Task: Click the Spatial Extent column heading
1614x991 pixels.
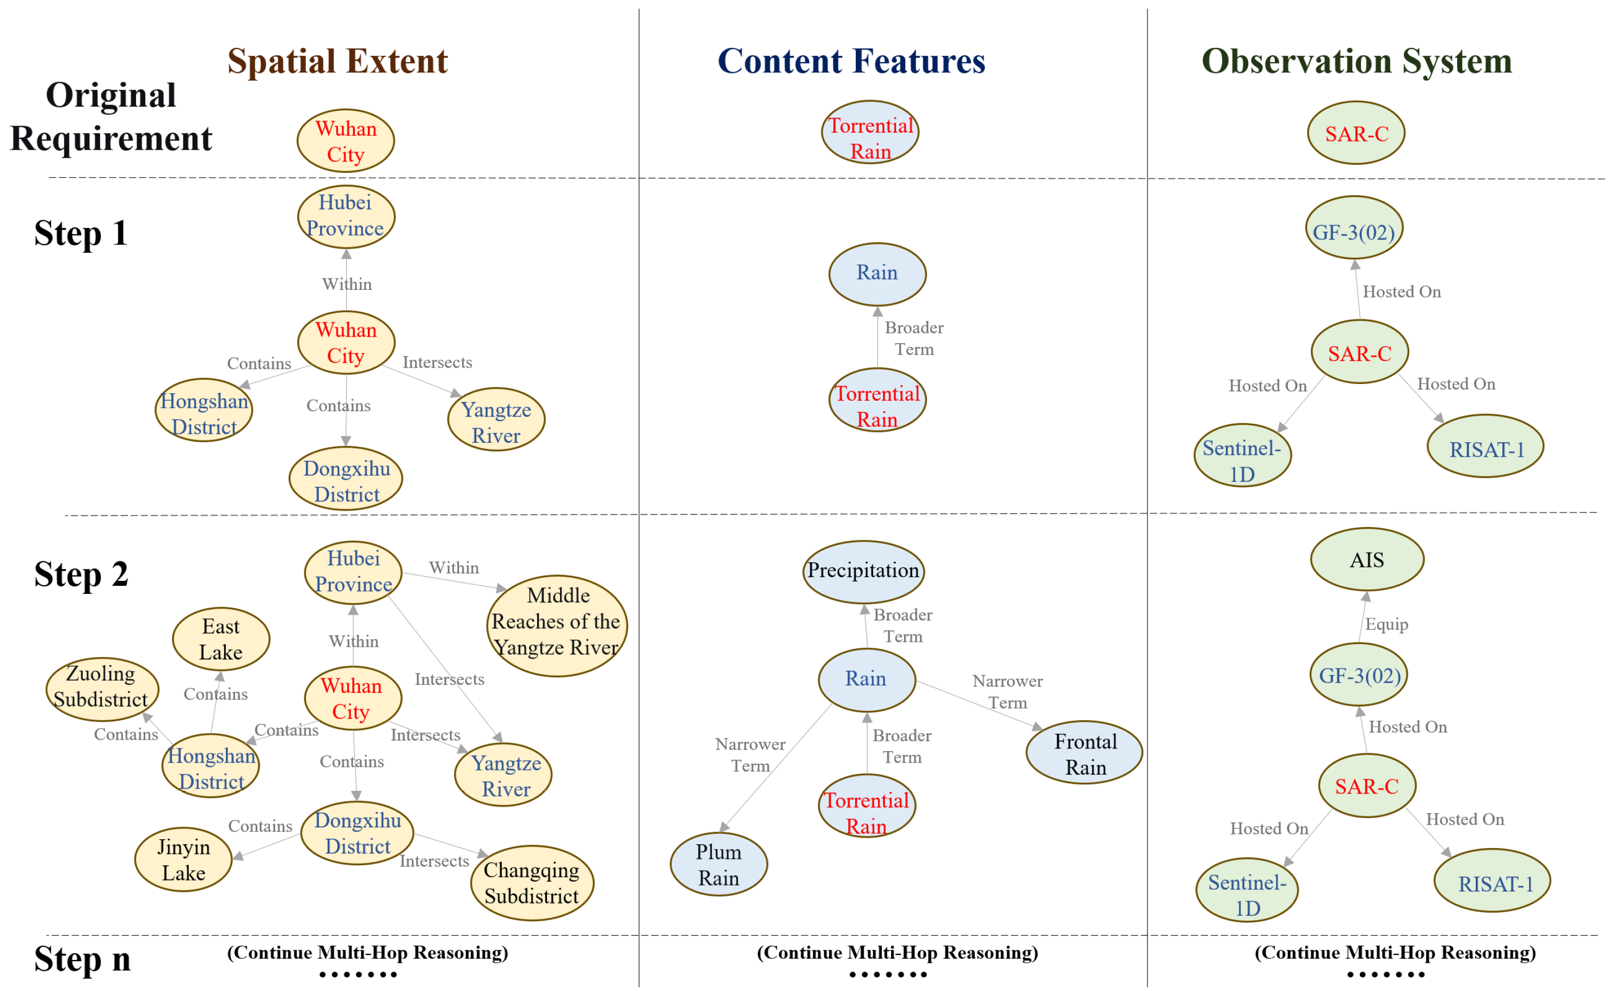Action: (x=337, y=61)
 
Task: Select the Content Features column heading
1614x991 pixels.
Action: (x=851, y=61)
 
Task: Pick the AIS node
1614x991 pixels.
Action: (x=1366, y=560)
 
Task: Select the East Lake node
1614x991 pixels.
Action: (x=221, y=639)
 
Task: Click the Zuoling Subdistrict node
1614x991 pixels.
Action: (x=102, y=686)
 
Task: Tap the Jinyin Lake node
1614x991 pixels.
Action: (x=183, y=859)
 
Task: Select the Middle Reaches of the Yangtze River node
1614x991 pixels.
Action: (x=556, y=621)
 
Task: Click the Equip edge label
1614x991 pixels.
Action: (x=1386, y=624)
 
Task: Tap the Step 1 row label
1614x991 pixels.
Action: (x=81, y=233)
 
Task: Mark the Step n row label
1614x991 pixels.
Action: (x=82, y=958)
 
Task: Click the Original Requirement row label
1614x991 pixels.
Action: (x=112, y=116)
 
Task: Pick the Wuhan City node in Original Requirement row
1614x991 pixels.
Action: (x=346, y=141)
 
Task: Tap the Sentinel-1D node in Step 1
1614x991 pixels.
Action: (x=1242, y=460)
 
